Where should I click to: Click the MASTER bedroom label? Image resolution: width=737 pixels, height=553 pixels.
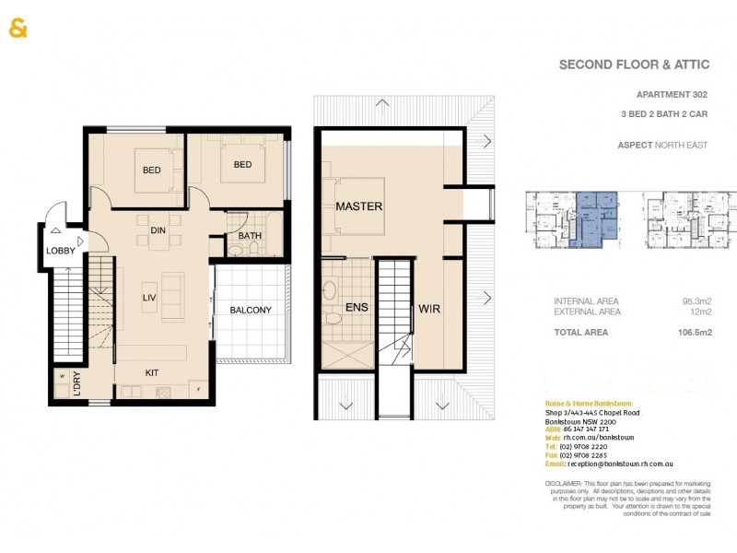pos(358,206)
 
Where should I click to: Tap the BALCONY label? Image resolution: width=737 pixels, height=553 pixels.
pos(250,311)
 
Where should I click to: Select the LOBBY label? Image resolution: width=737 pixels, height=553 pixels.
pos(61,251)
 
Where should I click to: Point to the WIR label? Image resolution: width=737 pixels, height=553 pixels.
pos(429,309)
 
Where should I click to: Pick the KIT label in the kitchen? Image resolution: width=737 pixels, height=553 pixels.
pos(154,372)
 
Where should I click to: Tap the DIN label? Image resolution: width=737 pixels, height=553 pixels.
pos(158,219)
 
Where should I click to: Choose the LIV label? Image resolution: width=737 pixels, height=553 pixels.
pos(150,297)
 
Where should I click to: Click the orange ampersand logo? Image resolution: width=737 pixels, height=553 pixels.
pos(18,29)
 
